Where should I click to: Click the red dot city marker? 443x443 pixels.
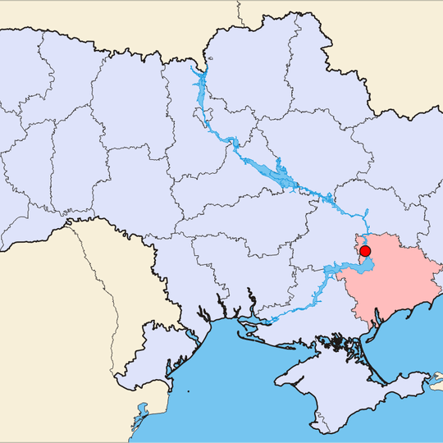click(365, 251)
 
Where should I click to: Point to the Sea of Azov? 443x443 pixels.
click(410, 345)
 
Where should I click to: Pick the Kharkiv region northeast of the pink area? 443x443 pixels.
click(386, 164)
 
